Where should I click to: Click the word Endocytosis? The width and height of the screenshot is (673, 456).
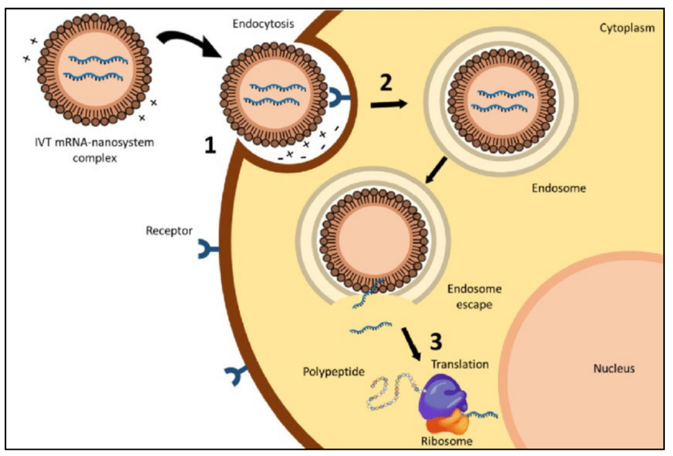(x=263, y=24)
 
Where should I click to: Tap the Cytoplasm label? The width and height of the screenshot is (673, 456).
(x=627, y=28)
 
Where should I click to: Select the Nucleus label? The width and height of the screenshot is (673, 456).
(x=614, y=368)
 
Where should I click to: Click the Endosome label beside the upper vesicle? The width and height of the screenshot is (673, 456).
(x=559, y=188)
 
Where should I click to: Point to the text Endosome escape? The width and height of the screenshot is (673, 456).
(x=474, y=296)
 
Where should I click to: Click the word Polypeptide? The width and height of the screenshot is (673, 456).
(x=334, y=371)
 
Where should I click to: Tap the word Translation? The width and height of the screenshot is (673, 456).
(x=460, y=364)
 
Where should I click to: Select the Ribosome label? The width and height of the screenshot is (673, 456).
(x=446, y=441)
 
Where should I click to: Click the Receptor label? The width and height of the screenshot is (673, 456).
(x=168, y=231)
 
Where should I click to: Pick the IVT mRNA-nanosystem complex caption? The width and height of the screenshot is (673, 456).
(x=94, y=150)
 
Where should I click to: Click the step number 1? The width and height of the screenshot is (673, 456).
(x=210, y=145)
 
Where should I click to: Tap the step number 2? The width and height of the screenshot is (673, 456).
(x=386, y=82)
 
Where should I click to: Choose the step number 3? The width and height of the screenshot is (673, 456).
(x=435, y=342)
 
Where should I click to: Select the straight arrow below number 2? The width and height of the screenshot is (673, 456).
(x=389, y=104)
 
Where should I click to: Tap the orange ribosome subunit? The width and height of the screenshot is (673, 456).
(x=447, y=423)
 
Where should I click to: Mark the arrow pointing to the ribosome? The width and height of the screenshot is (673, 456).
(x=411, y=344)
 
